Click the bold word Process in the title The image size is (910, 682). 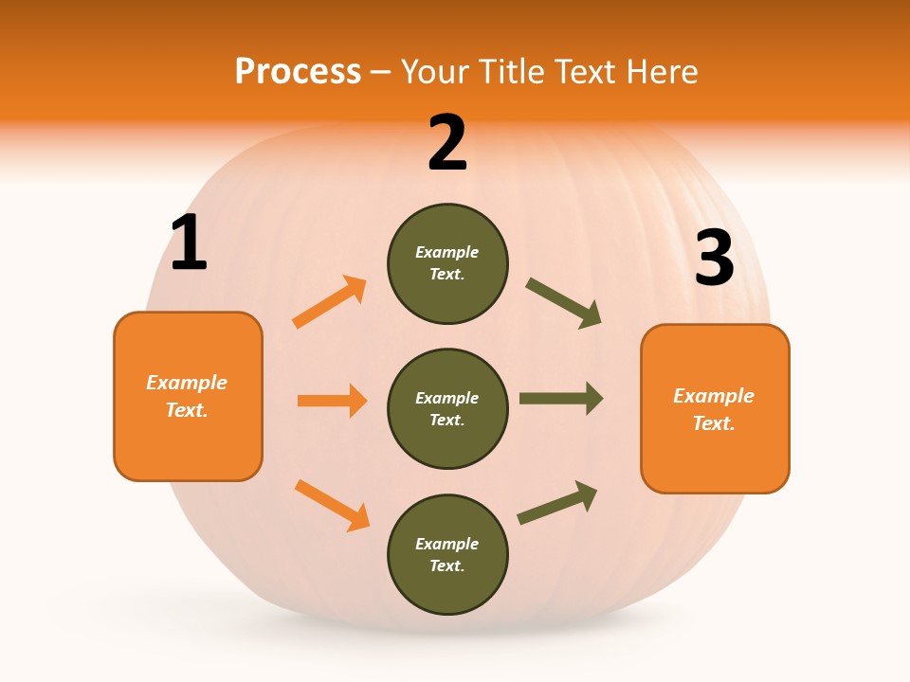tap(298, 72)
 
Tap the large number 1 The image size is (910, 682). tap(189, 243)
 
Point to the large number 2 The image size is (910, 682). tap(447, 144)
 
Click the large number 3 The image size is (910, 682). tap(714, 259)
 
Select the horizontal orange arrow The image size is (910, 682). tap(332, 401)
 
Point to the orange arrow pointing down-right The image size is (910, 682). tap(332, 505)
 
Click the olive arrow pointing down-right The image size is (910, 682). tap(564, 303)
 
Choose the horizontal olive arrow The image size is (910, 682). tap(561, 399)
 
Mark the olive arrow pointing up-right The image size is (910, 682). tap(557, 503)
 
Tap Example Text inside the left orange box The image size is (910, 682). tap(187, 396)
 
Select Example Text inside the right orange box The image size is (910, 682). tap(714, 409)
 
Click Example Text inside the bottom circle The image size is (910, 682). tap(447, 555)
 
